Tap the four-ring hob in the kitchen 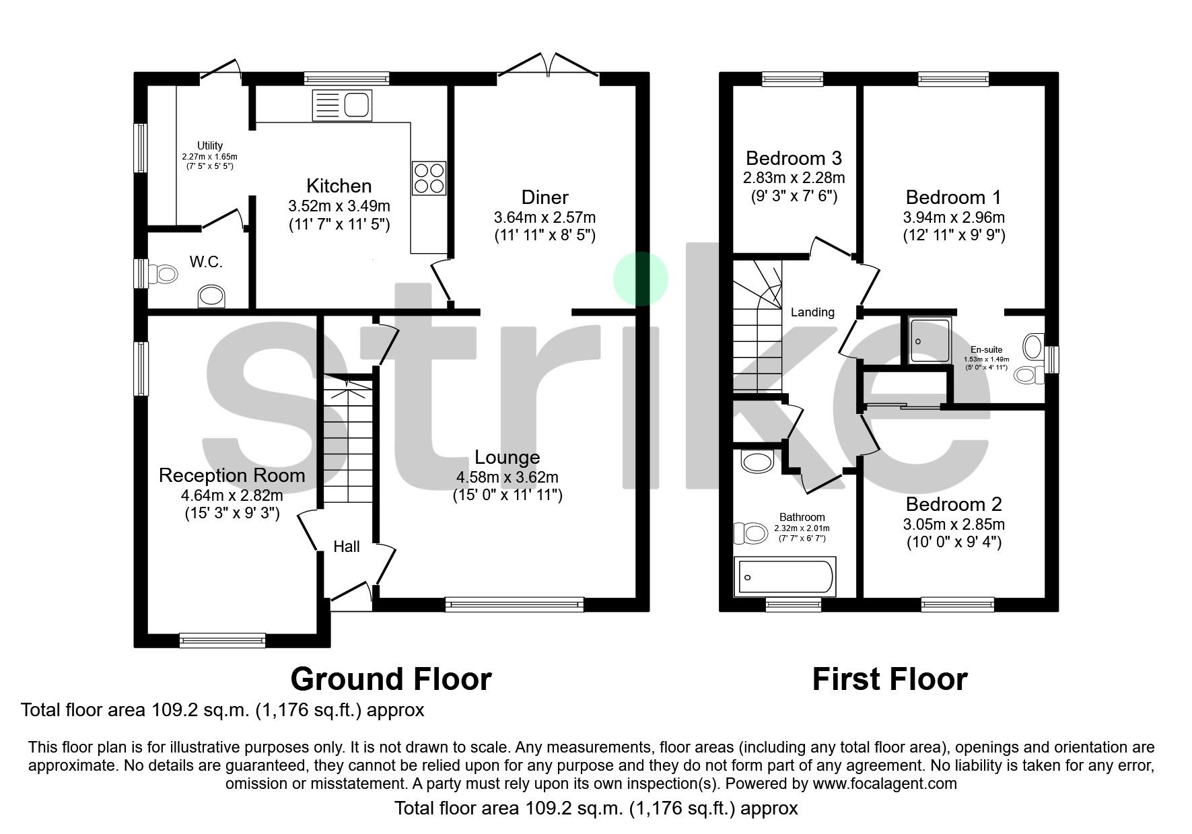(429, 178)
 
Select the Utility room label (209, 145)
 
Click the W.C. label (206, 263)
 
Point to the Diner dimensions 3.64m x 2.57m (545, 217)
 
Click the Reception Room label (232, 476)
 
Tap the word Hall (347, 547)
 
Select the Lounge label (507, 458)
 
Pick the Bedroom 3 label (794, 159)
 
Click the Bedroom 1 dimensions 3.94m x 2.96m (954, 217)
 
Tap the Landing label (812, 312)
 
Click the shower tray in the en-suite (929, 340)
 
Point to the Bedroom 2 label (954, 504)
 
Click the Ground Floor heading (390, 679)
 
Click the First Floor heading (889, 679)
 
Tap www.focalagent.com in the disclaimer (884, 784)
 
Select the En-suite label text (986, 350)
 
